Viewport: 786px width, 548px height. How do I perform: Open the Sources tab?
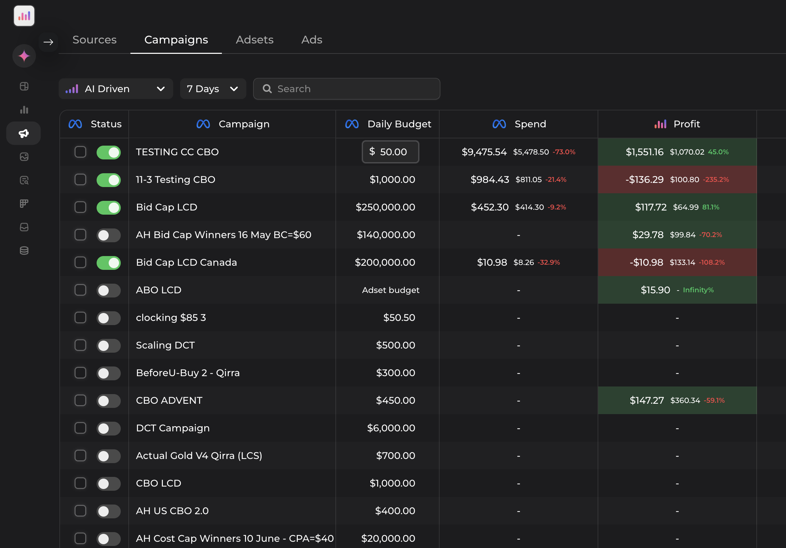pos(94,40)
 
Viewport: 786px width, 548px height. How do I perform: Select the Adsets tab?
pos(254,40)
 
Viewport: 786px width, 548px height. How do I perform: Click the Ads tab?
pos(312,40)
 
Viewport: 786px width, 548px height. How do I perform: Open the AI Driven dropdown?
pos(116,89)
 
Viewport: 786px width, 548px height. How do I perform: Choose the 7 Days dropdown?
pos(213,89)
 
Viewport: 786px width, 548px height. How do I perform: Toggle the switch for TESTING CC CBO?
pos(108,152)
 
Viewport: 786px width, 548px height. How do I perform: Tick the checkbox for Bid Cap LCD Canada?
pos(80,262)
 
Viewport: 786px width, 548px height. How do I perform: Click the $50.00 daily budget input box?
pos(391,152)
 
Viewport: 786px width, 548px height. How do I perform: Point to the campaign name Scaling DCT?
pos(165,345)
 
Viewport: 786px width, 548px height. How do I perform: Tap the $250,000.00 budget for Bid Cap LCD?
pos(385,207)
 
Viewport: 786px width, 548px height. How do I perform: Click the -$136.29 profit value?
pos(644,179)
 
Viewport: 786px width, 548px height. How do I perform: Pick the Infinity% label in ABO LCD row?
pos(698,290)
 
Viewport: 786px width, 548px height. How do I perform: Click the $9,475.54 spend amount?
pos(484,152)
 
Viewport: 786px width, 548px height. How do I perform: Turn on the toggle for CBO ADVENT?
pos(108,401)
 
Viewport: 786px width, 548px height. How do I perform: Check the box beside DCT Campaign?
pos(80,428)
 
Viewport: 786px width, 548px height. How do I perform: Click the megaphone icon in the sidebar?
pos(23,133)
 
